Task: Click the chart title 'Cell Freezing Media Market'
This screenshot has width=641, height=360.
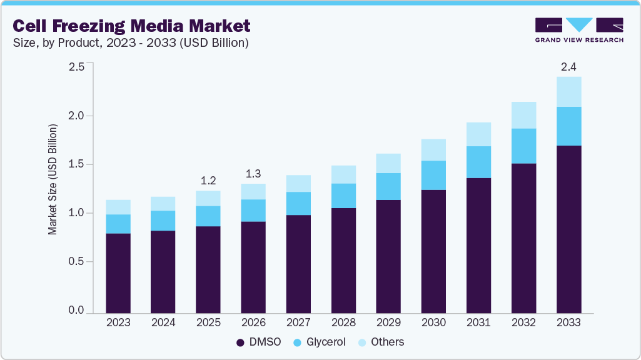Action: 132,26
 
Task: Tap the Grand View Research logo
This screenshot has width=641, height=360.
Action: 578,30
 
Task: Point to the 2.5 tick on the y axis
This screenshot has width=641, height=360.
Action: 76,67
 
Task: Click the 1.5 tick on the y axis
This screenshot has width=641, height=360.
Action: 76,164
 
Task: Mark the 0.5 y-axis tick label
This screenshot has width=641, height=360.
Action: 76,262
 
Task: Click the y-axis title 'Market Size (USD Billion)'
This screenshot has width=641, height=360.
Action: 53,179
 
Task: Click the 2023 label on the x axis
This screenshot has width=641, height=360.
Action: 118,323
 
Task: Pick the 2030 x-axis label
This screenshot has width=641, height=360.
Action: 433,323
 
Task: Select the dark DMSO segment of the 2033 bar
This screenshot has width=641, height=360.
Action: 568,229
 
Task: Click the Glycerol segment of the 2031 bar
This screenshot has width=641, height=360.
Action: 478,162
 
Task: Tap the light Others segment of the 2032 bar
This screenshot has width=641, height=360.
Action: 523,115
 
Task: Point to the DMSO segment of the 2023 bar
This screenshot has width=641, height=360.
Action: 118,273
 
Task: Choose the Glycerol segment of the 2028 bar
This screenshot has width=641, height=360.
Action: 343,196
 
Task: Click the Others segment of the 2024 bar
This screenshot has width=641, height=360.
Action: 163,204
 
